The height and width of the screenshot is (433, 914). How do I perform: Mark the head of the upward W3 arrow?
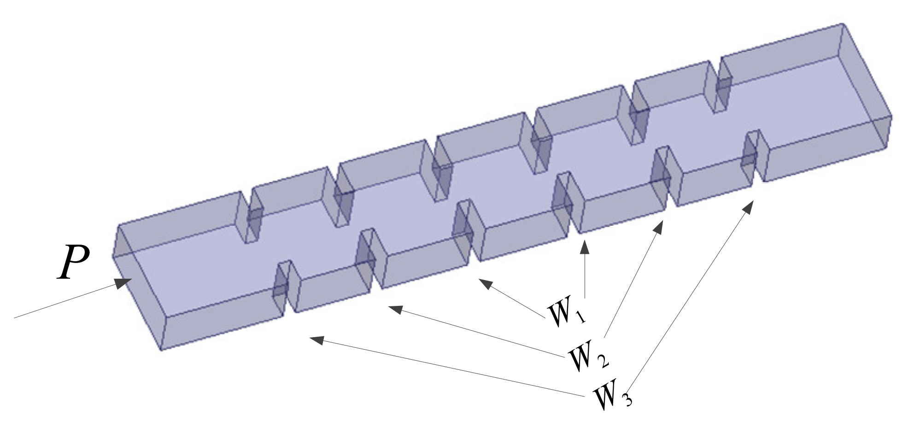[x=749, y=206]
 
